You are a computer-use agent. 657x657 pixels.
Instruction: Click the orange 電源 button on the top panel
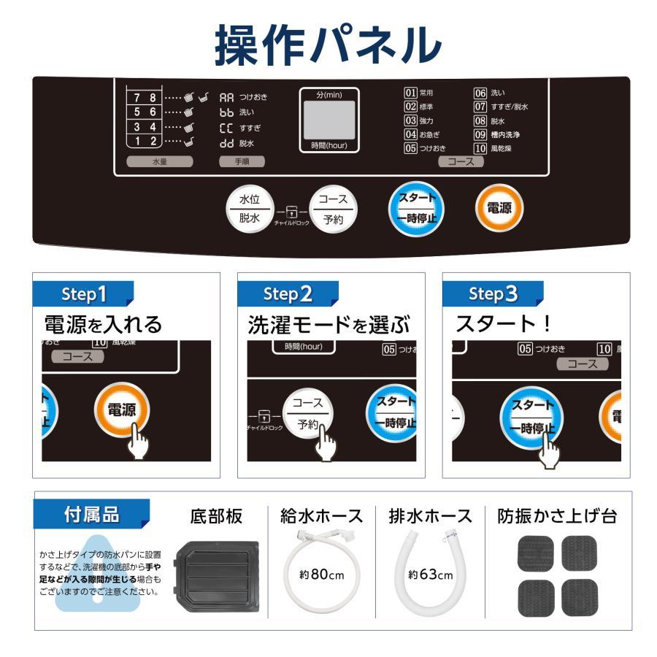coord(499,208)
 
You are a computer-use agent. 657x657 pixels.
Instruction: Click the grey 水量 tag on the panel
coord(159,162)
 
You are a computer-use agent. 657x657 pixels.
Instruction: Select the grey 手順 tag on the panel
coord(242,162)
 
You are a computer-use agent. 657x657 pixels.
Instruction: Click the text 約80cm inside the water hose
coord(321,574)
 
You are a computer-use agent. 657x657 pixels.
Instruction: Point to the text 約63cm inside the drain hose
coord(431,575)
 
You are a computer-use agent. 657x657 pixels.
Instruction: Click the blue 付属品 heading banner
coord(91,515)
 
